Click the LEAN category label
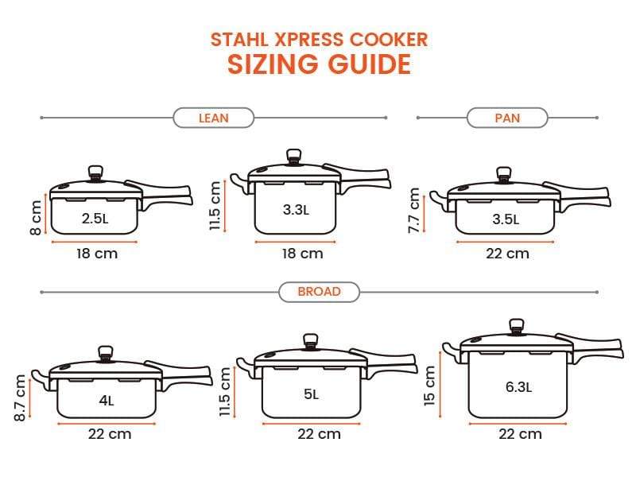[213, 118]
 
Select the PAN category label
[507, 118]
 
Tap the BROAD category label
[319, 292]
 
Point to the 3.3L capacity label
[296, 211]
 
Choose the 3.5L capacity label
[505, 219]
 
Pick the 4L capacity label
[107, 401]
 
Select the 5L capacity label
[311, 394]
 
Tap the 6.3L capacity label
[518, 387]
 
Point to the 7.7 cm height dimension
[413, 211]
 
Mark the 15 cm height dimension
[430, 385]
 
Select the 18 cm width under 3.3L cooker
[302, 254]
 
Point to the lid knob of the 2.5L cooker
[96, 173]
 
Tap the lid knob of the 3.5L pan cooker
[502, 174]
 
